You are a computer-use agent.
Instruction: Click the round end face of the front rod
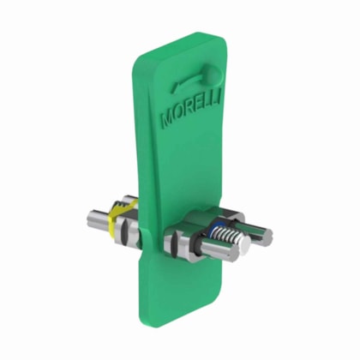243,249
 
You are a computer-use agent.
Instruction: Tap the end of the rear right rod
267,236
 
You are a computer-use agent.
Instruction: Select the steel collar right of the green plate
182,243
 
